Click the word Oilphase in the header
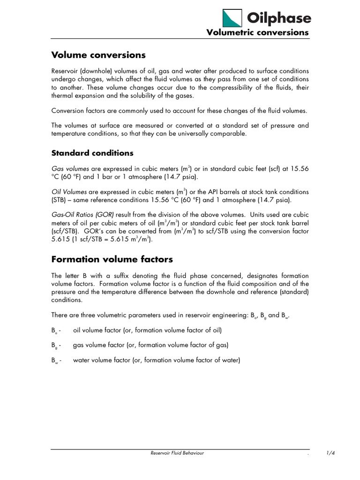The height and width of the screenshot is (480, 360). tap(279, 18)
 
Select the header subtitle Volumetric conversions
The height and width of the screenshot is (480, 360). tap(258, 32)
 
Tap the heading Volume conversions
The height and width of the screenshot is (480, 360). tap(98, 55)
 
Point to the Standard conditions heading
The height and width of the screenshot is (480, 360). tap(92, 153)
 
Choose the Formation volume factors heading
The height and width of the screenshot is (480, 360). tap(112, 259)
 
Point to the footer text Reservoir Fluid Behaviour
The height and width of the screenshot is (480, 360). tap(177, 453)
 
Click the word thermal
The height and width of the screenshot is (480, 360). tap(62, 96)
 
